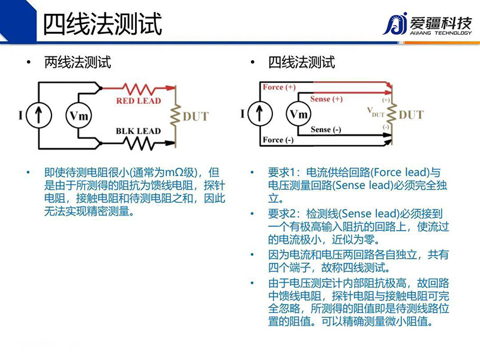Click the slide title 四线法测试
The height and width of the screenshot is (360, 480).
pos(103,25)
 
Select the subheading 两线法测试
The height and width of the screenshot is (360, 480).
pos(77,62)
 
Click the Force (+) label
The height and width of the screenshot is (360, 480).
pos(279,88)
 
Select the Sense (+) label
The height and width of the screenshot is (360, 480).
pos(326,98)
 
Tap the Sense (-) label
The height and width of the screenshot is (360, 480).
pos(326,130)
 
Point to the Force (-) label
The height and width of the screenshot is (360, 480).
pos(278,140)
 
